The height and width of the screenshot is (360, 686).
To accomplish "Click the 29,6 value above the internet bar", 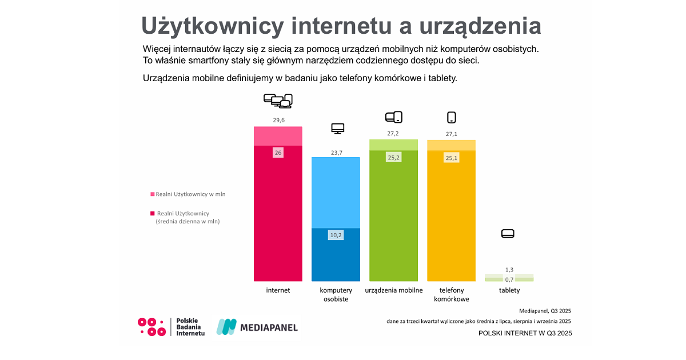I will (x=278, y=120).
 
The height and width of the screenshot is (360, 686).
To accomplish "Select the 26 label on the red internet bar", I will (x=278, y=153).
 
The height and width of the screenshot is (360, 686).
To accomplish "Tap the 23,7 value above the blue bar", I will (x=336, y=153).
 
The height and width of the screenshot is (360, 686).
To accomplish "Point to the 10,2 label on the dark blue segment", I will (x=336, y=235).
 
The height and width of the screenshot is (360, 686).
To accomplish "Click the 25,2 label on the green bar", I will (x=394, y=157).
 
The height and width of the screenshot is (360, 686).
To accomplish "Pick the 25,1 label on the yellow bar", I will (x=452, y=158).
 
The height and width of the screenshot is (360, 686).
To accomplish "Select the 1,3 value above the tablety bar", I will (x=509, y=270).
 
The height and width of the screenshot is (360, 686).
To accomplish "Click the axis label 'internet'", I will (x=278, y=290).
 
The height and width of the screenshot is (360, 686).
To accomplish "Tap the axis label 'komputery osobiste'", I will (x=336, y=294).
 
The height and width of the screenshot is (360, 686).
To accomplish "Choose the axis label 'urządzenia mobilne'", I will (x=394, y=290).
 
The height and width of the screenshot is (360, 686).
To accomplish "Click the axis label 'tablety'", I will (x=509, y=290).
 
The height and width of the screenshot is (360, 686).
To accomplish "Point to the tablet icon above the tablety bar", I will (x=508, y=233).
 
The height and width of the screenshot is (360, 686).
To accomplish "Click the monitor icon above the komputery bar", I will (x=338, y=129).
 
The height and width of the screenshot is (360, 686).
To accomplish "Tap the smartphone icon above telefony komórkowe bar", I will (x=452, y=118).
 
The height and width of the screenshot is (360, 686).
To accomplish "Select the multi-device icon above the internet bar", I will (x=278, y=101).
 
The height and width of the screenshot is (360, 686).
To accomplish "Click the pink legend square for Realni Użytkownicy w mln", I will (x=153, y=194).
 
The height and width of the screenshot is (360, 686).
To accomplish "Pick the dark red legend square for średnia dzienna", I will (x=153, y=214).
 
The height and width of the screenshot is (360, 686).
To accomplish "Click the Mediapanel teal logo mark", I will (x=226, y=327).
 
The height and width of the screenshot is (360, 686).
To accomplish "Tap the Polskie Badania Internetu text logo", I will (x=190, y=327).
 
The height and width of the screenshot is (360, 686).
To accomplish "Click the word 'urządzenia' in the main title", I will (x=481, y=27).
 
